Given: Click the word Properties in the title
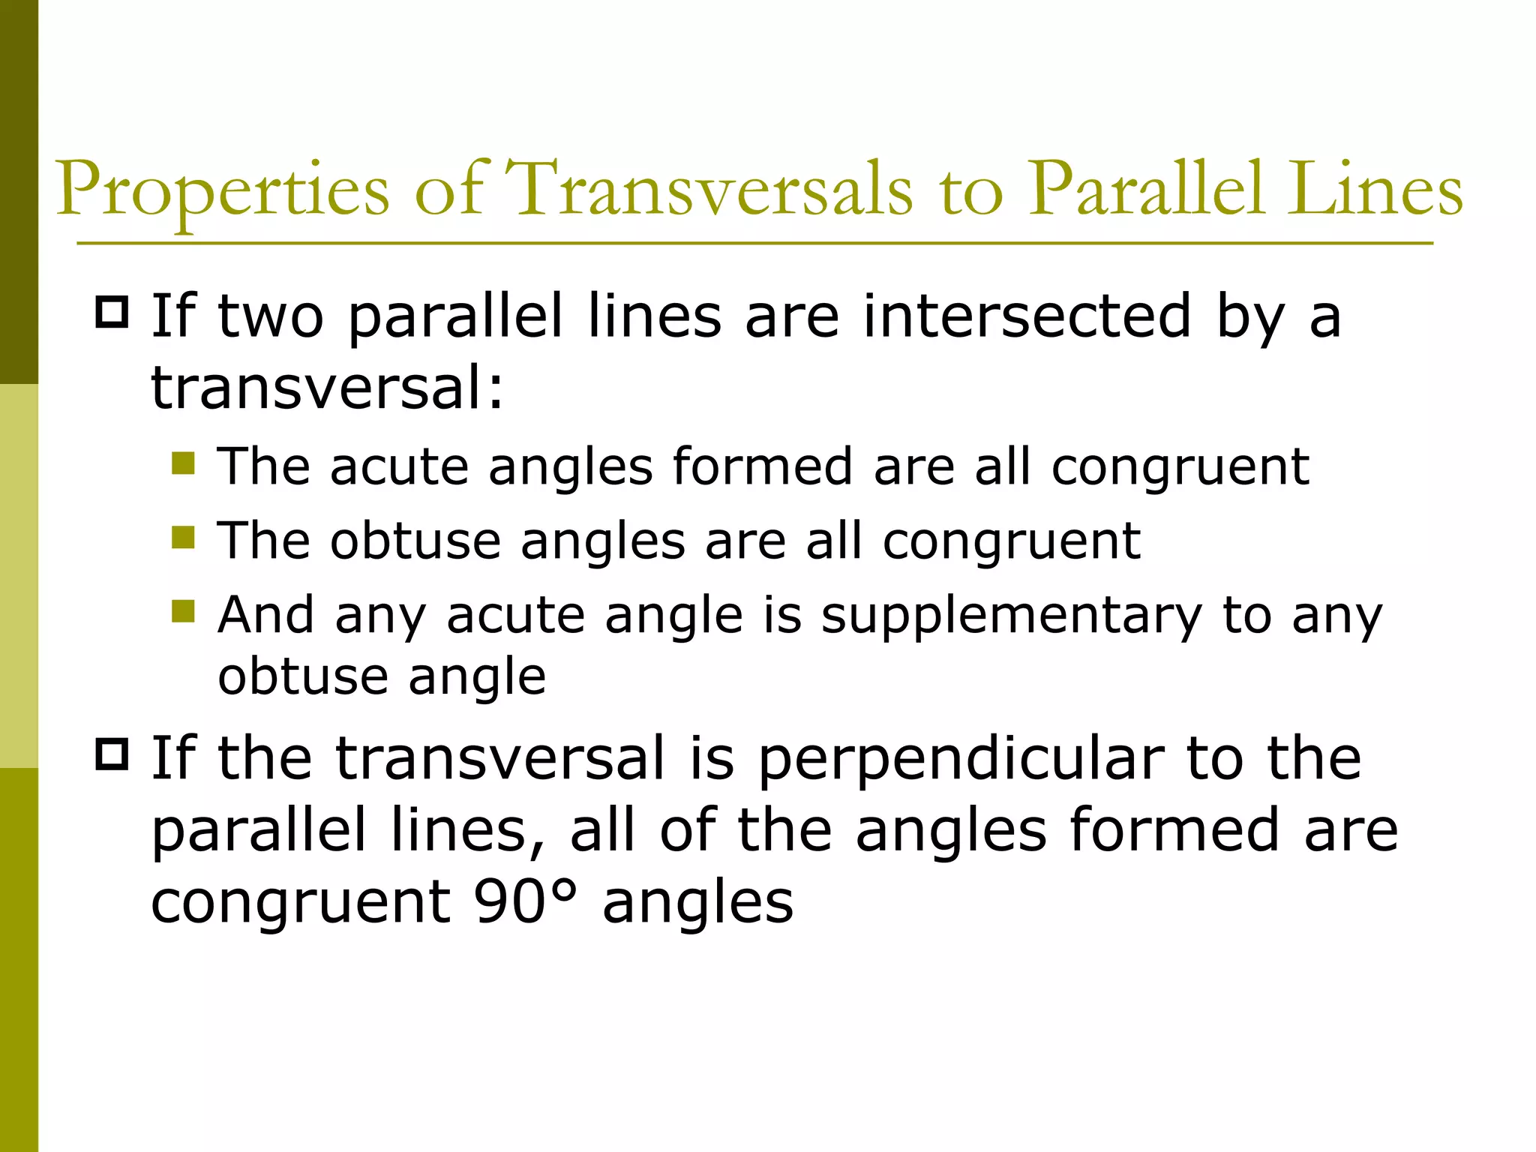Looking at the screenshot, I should click(x=223, y=191).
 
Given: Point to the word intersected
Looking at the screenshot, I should click(x=1027, y=316).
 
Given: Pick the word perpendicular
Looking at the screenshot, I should click(x=962, y=758).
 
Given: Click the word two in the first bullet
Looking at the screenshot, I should click(x=271, y=316).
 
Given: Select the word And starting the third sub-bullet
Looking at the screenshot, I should click(x=265, y=616).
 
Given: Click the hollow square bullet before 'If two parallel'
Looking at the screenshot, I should click(x=112, y=312).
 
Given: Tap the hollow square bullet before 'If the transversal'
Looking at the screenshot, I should click(x=112, y=754).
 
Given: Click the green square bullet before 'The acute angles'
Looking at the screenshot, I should click(x=183, y=463).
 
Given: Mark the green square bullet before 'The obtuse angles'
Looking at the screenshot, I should click(x=183, y=537).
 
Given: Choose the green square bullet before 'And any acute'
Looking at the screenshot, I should click(x=183, y=611).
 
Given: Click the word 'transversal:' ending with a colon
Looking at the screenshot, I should click(x=328, y=388).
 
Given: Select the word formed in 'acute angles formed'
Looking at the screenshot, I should click(x=762, y=466).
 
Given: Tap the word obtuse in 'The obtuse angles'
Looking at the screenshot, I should click(x=415, y=541).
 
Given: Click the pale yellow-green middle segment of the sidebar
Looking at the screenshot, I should click(x=19, y=576).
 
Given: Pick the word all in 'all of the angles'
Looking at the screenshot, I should click(x=603, y=830).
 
